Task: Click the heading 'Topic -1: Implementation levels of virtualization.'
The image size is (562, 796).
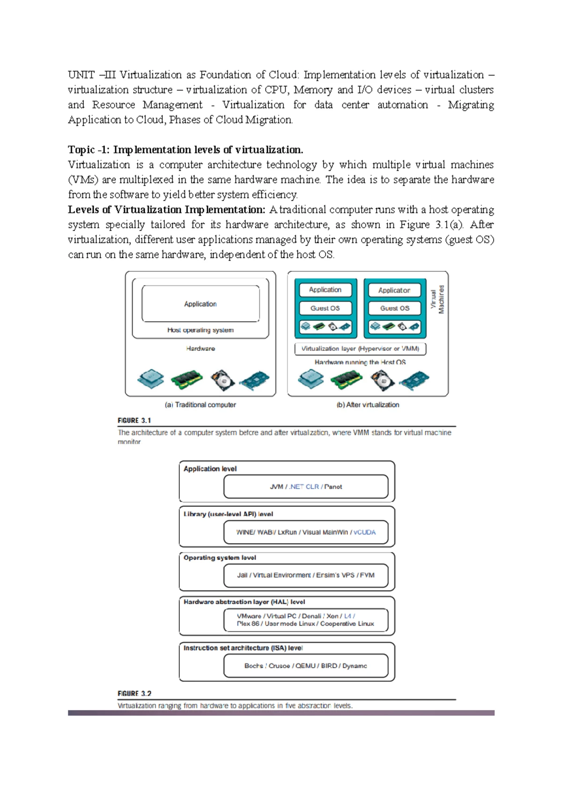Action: tap(185, 150)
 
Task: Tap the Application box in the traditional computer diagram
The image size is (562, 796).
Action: tap(200, 304)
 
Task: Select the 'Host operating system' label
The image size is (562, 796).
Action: tap(200, 330)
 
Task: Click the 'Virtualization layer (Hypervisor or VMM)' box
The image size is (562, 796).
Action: tap(360, 349)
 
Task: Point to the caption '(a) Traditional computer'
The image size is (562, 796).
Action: tap(200, 405)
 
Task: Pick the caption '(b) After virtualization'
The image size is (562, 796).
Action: tap(368, 405)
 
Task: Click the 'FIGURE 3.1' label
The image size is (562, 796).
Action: tap(134, 421)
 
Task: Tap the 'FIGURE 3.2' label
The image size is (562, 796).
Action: tap(134, 693)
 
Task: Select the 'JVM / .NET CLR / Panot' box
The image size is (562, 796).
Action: tap(306, 487)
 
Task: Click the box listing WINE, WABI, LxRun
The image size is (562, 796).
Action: tap(306, 532)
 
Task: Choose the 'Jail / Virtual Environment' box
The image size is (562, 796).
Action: tap(306, 575)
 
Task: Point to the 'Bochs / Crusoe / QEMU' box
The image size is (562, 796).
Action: tap(306, 666)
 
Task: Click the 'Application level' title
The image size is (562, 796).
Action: tap(210, 469)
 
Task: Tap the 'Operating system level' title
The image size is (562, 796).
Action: tap(220, 558)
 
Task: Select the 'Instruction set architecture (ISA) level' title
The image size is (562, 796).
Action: tap(243, 648)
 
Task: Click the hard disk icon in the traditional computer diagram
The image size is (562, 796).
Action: tap(222, 380)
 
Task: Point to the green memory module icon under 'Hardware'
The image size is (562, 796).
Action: tap(186, 379)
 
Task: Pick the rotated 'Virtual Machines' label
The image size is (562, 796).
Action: tap(437, 300)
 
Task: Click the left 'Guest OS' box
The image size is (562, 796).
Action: tap(325, 308)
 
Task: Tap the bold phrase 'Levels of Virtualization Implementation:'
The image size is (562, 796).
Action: tap(167, 210)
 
